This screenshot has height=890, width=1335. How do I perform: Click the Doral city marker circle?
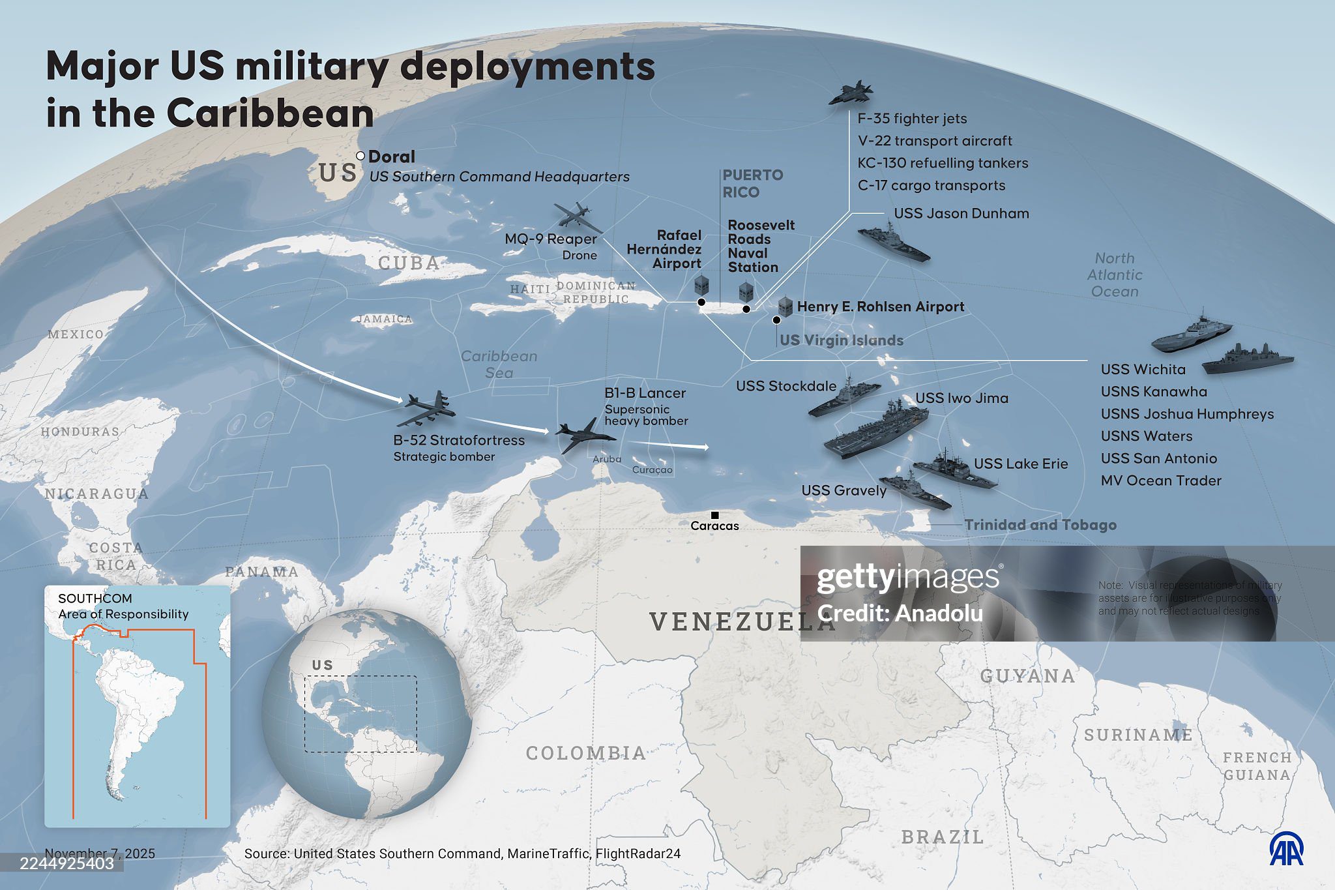[x=360, y=156]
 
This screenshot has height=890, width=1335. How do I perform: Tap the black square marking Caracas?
[x=714, y=515]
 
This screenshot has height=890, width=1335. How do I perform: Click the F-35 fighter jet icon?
[x=851, y=95]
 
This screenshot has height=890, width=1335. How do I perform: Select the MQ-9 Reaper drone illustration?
[x=578, y=216]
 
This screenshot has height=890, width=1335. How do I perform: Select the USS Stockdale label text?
[x=786, y=386]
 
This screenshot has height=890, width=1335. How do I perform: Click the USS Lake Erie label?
[x=1021, y=464]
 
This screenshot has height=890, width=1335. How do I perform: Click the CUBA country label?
[x=409, y=263]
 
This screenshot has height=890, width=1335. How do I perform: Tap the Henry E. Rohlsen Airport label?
[x=880, y=306]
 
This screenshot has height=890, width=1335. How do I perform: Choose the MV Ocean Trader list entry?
[x=1161, y=481]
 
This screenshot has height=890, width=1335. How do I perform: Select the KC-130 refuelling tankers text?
[x=943, y=163]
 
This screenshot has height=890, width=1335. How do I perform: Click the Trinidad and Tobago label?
[x=1040, y=525]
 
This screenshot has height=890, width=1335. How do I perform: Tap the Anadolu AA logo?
[x=1286, y=850]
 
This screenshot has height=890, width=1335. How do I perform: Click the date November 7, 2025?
[x=100, y=853]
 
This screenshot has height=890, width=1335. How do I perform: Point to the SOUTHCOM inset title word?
[x=95, y=599]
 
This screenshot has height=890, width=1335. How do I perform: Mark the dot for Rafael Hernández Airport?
[x=701, y=302]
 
